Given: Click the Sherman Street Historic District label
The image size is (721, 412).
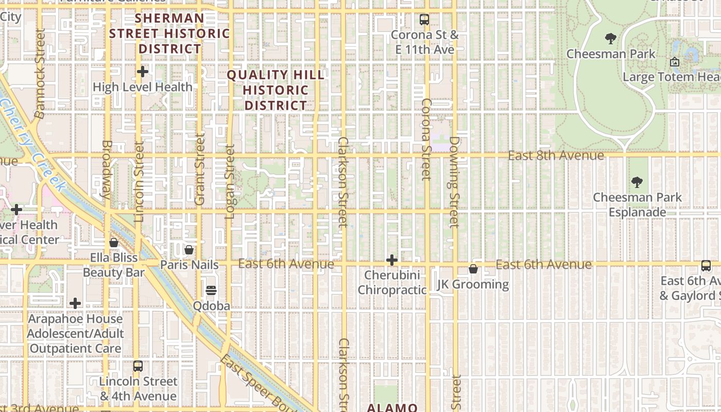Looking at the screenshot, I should (x=169, y=33).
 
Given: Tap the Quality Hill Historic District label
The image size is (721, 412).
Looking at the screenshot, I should (x=276, y=90).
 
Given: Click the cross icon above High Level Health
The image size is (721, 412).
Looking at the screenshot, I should (x=143, y=72).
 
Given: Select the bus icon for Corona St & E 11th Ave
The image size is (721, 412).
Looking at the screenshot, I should (x=424, y=20).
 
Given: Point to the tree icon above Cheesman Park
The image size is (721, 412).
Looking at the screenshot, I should (x=611, y=39).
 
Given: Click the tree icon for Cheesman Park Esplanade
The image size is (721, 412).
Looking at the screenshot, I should (x=637, y=182).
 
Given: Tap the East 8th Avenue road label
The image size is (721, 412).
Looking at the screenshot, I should (x=556, y=156).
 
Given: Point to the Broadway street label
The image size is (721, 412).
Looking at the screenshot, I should (x=106, y=170).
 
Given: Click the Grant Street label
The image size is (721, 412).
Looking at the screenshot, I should (x=200, y=169).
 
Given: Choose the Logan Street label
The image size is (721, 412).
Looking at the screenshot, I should (x=230, y=181).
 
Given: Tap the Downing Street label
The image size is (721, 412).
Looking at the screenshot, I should (x=454, y=182).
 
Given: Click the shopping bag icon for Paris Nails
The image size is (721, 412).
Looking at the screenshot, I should (x=189, y=250).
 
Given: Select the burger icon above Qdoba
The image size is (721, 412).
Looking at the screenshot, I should (x=211, y=290).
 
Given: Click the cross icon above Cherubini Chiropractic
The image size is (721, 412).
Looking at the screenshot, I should (x=392, y=260).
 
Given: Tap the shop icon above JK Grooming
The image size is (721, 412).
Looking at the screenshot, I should (x=473, y=269).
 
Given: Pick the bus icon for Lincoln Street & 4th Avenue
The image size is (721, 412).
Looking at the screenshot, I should (x=138, y=366).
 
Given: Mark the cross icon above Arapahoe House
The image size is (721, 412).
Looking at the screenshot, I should (x=75, y=303).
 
